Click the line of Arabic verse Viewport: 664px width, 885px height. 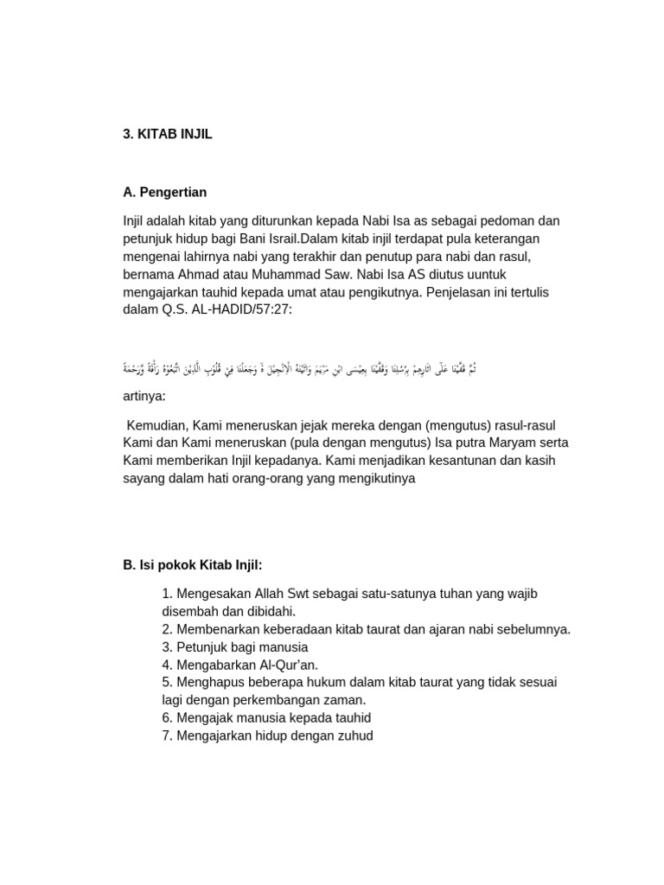tap(299, 369)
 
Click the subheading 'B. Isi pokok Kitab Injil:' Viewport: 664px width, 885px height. tap(192, 564)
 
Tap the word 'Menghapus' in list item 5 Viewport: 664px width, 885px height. tap(208, 682)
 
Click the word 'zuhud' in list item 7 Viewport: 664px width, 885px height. tap(355, 735)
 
